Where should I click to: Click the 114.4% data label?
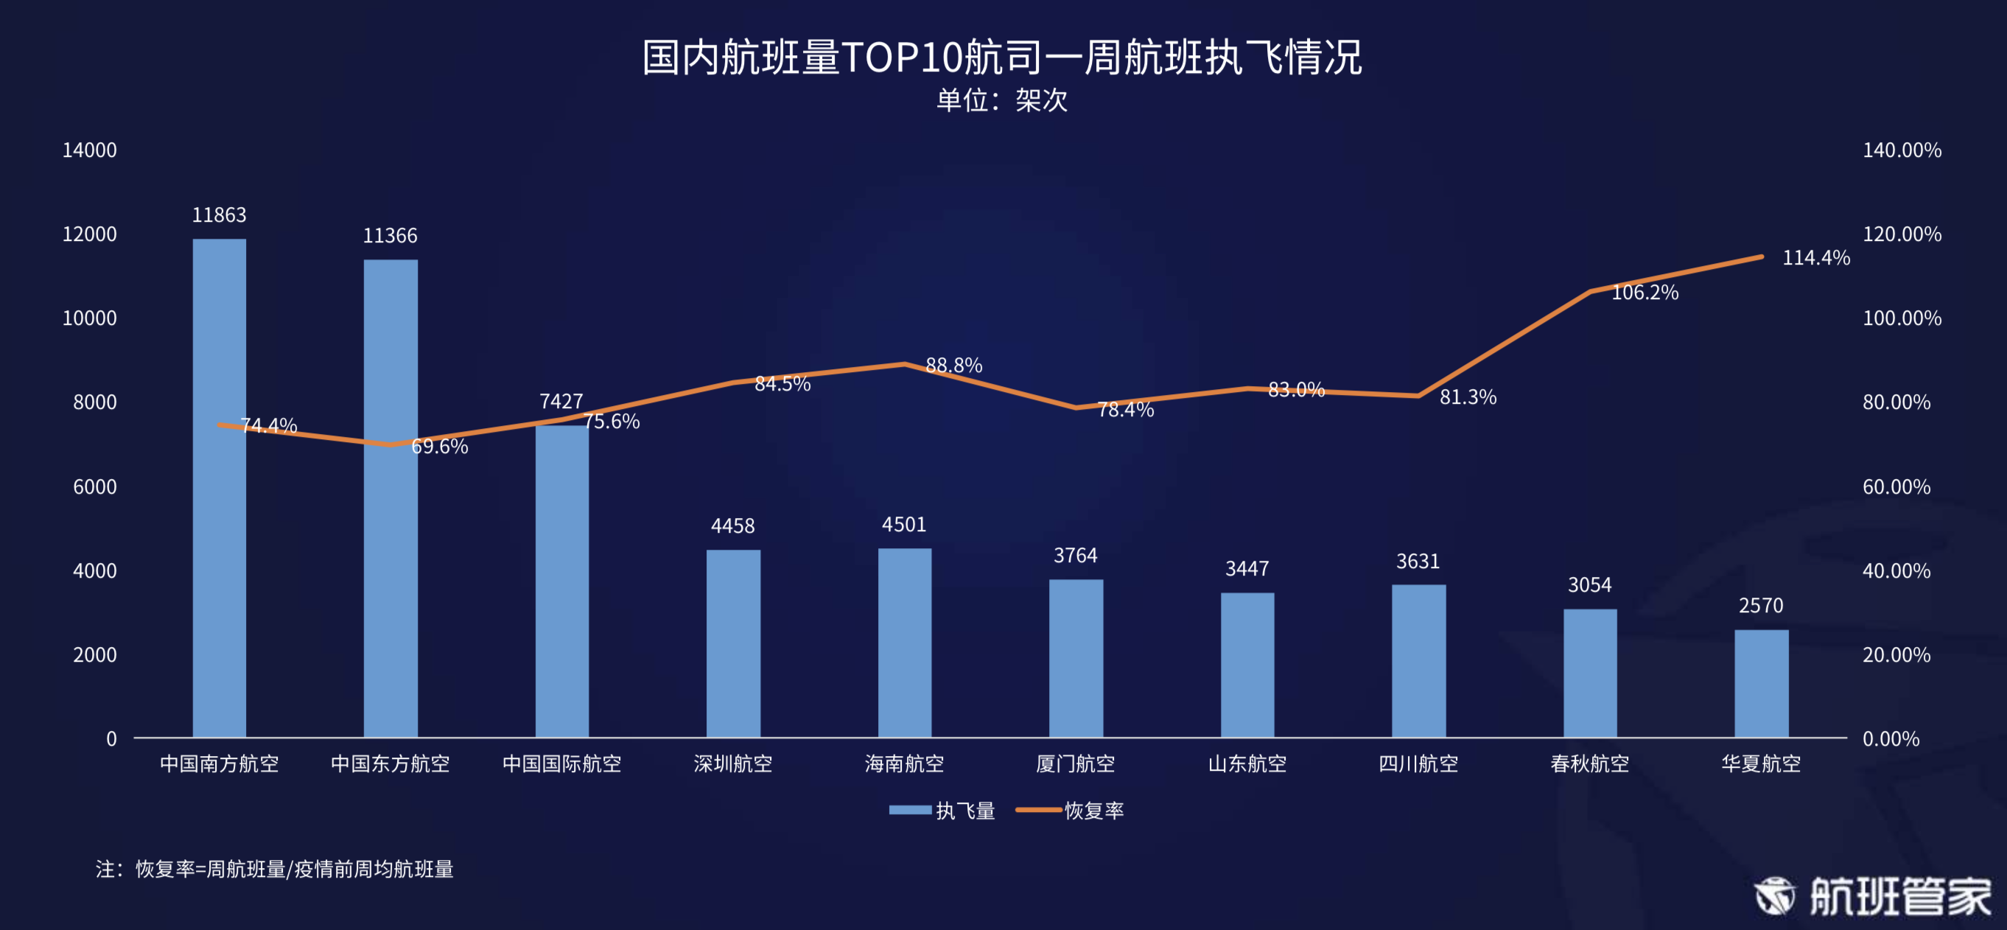pyautogui.click(x=1815, y=258)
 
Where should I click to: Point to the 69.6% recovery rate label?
pyautogui.click(x=439, y=447)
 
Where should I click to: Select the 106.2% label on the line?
pyautogui.click(x=1644, y=293)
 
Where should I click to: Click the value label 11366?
pyautogui.click(x=390, y=235)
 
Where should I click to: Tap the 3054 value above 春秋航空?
pyautogui.click(x=1589, y=584)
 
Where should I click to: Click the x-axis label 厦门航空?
pyautogui.click(x=1075, y=763)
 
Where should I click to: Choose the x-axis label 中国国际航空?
pyautogui.click(x=561, y=763)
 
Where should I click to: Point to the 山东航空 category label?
pyautogui.click(x=1247, y=763)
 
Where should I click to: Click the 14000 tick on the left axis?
pyautogui.click(x=90, y=150)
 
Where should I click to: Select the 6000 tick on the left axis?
pyautogui.click(x=94, y=487)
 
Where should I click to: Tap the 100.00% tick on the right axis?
pyautogui.click(x=1902, y=318)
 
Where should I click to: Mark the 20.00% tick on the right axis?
pyautogui.click(x=1896, y=655)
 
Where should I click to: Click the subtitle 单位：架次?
pyautogui.click(x=1002, y=100)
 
